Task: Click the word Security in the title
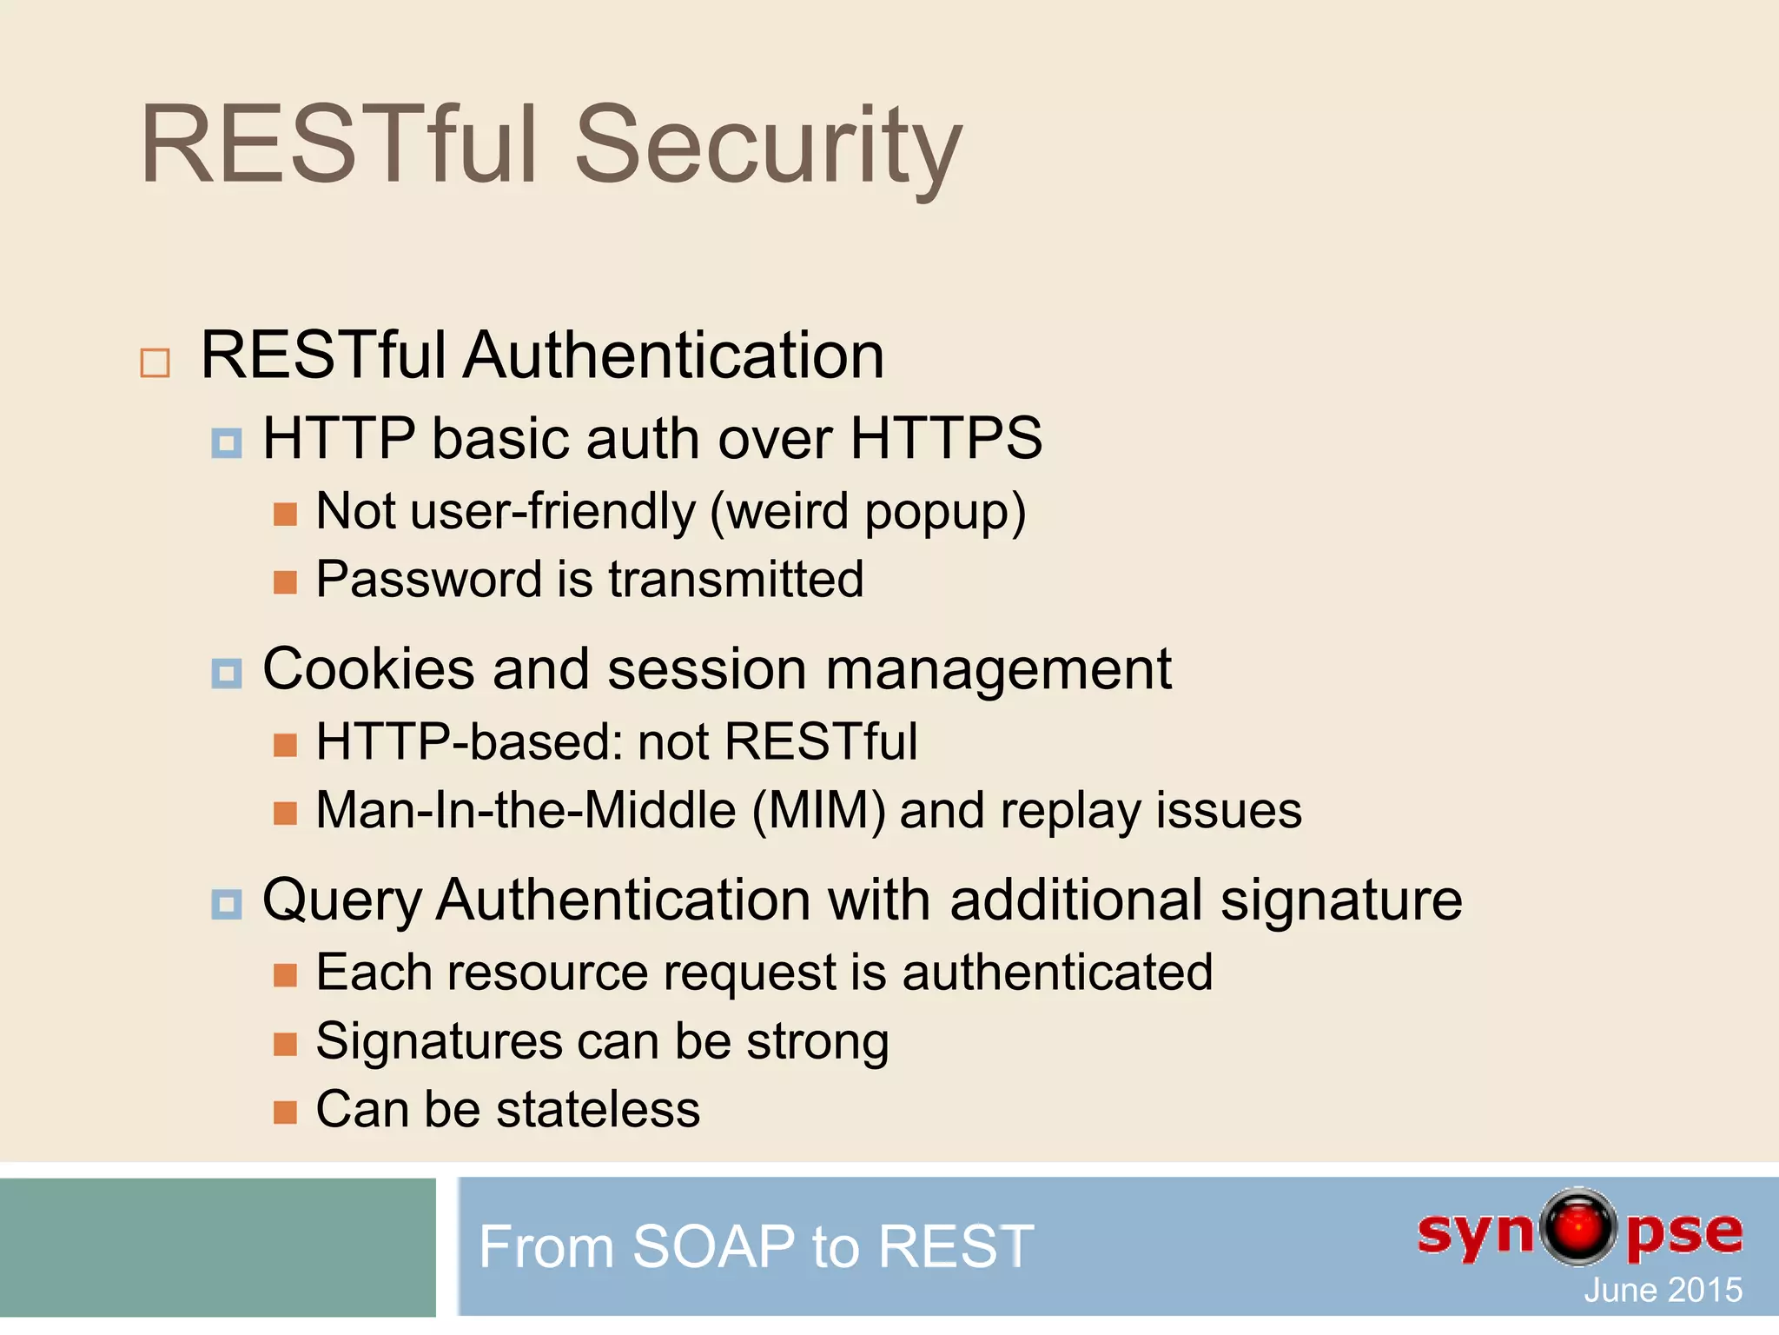[x=768, y=146]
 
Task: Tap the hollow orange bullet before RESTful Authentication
[x=155, y=362]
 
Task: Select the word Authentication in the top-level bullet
[x=673, y=355]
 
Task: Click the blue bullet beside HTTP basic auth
[x=227, y=443]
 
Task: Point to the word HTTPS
[x=946, y=438]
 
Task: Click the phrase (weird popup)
[x=868, y=511]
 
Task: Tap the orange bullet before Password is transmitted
[x=285, y=582]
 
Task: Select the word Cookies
[x=368, y=669]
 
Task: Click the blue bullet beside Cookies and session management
[x=227, y=674]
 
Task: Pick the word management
[x=998, y=671]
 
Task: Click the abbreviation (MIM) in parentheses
[x=818, y=811]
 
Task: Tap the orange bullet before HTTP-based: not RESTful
[x=285, y=745]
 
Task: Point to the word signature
[x=1341, y=900]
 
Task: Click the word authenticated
[x=1057, y=972]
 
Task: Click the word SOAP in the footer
[x=713, y=1246]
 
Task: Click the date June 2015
[x=1663, y=1290]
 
